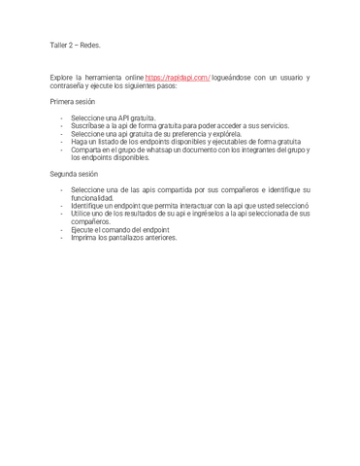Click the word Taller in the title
tap(59, 45)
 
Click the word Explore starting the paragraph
tap(63, 77)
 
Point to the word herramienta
tap(112, 77)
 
